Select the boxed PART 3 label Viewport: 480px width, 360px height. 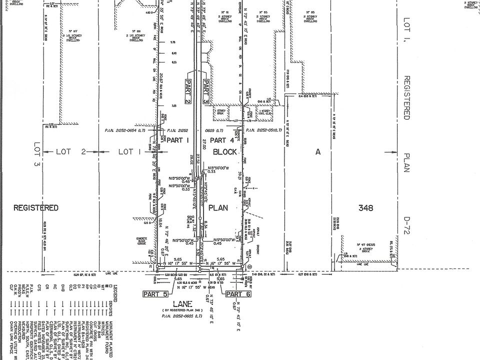pyautogui.click(x=205, y=91)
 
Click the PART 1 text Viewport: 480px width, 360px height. pyautogui.click(x=177, y=140)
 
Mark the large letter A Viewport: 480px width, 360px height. pyautogui.click(x=317, y=152)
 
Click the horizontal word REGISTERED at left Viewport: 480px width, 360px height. pyautogui.click(x=36, y=207)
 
